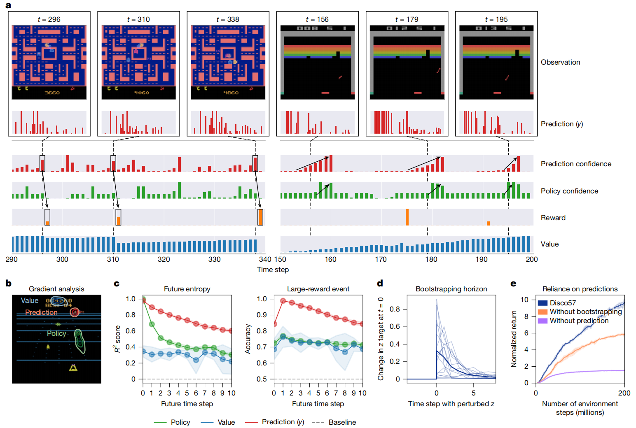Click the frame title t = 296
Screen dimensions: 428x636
coord(49,19)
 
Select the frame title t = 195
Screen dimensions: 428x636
coord(496,19)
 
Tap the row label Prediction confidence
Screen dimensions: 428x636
coord(576,164)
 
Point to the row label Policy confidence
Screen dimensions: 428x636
coord(569,191)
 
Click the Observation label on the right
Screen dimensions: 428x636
coord(560,62)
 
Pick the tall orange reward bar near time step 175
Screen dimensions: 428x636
coord(407,217)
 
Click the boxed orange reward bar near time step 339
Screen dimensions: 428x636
coord(260,217)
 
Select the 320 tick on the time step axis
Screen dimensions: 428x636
coord(164,259)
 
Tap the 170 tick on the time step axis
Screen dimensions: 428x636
coord(381,259)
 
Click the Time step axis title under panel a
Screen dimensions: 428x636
coord(273,270)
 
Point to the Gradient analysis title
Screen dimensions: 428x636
coord(56,289)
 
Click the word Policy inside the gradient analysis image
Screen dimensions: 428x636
coord(56,333)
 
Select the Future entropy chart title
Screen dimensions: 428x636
coord(187,289)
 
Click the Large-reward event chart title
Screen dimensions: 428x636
coord(318,289)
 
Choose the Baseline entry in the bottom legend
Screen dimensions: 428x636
coord(342,422)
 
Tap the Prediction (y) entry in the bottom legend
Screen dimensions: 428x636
coord(283,422)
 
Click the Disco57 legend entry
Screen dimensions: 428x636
coord(563,303)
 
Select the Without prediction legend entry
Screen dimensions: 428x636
coord(579,321)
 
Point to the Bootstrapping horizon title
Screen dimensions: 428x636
coord(451,289)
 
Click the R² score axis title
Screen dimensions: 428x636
coord(118,339)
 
